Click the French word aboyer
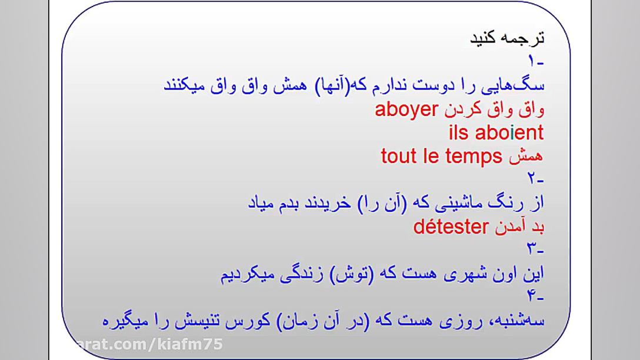point(406,110)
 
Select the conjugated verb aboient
point(509,133)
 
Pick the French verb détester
point(451,227)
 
